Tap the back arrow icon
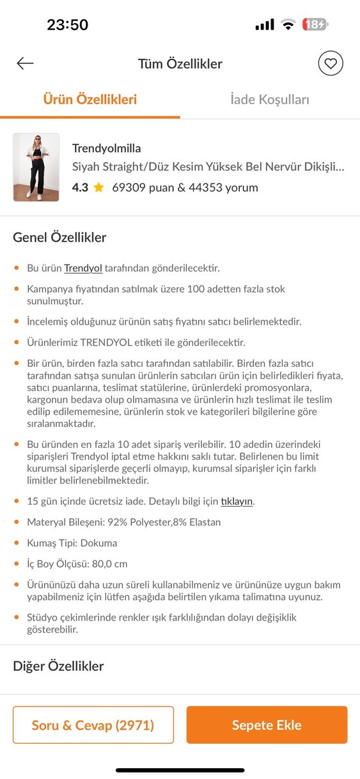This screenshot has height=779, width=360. click(x=25, y=63)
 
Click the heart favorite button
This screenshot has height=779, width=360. click(x=331, y=63)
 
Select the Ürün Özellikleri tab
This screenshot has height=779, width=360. click(x=90, y=100)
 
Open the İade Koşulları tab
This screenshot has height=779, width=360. click(x=270, y=100)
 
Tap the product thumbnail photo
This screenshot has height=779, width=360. click(x=36, y=167)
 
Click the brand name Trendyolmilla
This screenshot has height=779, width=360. click(x=106, y=148)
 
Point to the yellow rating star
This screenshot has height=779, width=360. click(x=98, y=188)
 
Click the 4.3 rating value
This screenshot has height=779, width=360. click(x=80, y=188)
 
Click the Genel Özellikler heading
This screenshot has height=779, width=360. click(x=59, y=238)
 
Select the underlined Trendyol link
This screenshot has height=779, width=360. click(x=83, y=268)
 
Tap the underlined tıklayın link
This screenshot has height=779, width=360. click(x=237, y=501)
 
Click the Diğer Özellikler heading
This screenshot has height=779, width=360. click(x=58, y=666)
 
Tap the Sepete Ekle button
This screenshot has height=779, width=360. click(x=267, y=725)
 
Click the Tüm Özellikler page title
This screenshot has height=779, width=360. click(x=180, y=63)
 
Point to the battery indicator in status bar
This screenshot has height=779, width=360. click(x=315, y=25)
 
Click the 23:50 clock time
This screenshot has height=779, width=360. click(x=67, y=25)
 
